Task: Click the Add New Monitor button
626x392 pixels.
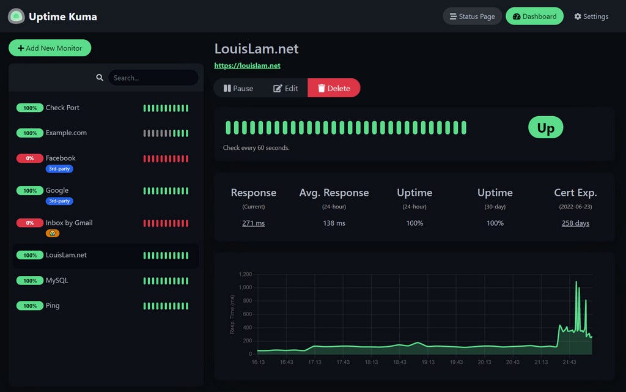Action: pyautogui.click(x=50, y=48)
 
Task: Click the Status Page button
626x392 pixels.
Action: pyautogui.click(x=472, y=17)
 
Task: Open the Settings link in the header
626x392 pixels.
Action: pyautogui.click(x=591, y=17)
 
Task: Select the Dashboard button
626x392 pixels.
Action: pyautogui.click(x=534, y=17)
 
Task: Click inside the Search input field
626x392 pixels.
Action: pyautogui.click(x=153, y=78)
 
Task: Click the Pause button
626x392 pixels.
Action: pyautogui.click(x=238, y=88)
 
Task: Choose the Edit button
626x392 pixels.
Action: pyautogui.click(x=285, y=88)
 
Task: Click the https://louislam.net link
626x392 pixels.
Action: pyautogui.click(x=247, y=65)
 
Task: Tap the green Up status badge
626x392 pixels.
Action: pyautogui.click(x=545, y=128)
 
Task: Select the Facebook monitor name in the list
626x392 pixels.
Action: pyautogui.click(x=61, y=158)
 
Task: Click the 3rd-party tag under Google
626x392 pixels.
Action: pyautogui.click(x=59, y=201)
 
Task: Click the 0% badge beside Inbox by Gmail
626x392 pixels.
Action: pyautogui.click(x=29, y=223)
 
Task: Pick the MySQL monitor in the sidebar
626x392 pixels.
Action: pyautogui.click(x=57, y=281)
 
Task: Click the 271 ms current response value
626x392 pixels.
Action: pyautogui.click(x=253, y=223)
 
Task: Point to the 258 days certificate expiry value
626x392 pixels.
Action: pyautogui.click(x=575, y=223)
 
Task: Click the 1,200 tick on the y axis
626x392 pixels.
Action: pyautogui.click(x=245, y=274)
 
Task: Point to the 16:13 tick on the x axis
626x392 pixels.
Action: pyautogui.click(x=258, y=362)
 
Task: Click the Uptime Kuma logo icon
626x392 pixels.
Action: pyautogui.click(x=16, y=17)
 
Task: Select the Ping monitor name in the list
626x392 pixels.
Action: pyautogui.click(x=53, y=306)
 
